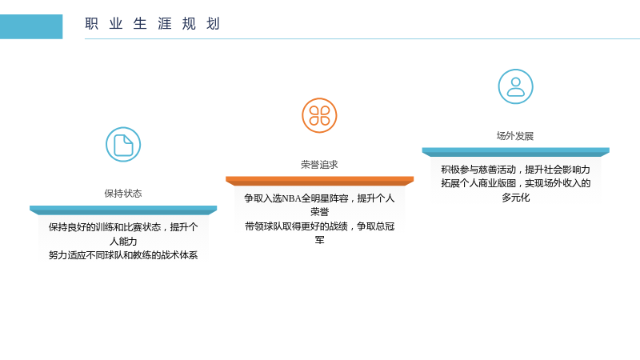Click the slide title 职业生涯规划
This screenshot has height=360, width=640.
153,24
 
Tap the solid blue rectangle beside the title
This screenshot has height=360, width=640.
31,26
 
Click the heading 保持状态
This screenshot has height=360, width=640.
123,194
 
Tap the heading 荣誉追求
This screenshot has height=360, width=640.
319,165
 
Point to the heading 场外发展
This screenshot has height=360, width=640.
515,136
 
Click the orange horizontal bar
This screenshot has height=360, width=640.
319,181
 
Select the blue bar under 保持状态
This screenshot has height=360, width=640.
123,210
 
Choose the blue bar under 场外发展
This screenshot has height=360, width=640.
515,152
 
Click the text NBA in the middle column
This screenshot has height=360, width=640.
291,198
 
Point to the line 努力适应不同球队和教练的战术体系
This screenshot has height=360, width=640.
123,255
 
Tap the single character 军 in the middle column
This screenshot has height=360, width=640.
319,240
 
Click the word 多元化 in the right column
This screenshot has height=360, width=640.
515,198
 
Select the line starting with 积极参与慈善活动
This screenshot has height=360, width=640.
515,170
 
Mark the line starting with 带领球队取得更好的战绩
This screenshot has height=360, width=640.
319,226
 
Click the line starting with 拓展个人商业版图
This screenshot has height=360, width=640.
515,183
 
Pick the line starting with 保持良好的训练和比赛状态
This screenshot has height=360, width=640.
123,227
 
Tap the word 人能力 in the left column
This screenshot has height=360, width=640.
123,242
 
